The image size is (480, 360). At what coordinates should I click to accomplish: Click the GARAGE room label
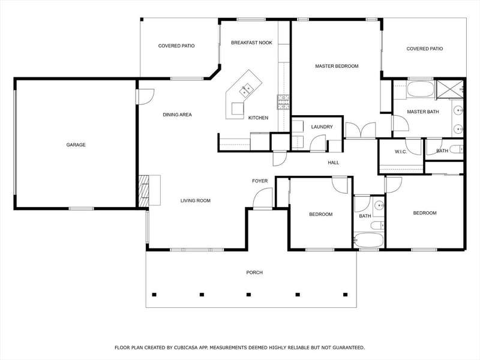[76, 145]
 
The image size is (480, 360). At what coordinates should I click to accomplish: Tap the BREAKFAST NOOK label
[251, 43]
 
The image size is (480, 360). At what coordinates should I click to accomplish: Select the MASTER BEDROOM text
[337, 66]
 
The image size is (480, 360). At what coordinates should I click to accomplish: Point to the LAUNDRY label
[322, 127]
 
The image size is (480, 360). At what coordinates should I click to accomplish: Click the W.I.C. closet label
[401, 152]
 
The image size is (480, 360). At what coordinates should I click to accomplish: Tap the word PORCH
[254, 272]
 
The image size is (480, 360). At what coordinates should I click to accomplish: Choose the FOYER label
[260, 181]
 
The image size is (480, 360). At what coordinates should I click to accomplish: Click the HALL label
[334, 163]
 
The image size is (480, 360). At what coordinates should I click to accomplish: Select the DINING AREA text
[177, 115]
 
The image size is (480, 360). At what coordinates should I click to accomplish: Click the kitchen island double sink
[245, 90]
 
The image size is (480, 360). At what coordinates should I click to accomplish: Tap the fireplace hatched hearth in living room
[144, 191]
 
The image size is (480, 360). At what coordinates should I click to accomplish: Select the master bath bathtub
[421, 89]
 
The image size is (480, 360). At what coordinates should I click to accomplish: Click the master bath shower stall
[449, 89]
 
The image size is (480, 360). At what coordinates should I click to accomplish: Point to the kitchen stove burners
[283, 102]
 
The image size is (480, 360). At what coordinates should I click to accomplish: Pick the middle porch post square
[248, 295]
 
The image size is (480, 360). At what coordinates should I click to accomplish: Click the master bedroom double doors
[361, 130]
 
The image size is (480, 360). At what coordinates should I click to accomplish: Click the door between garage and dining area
[145, 97]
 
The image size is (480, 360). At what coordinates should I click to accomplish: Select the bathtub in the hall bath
[368, 241]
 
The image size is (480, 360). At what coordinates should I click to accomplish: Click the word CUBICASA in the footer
[186, 347]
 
